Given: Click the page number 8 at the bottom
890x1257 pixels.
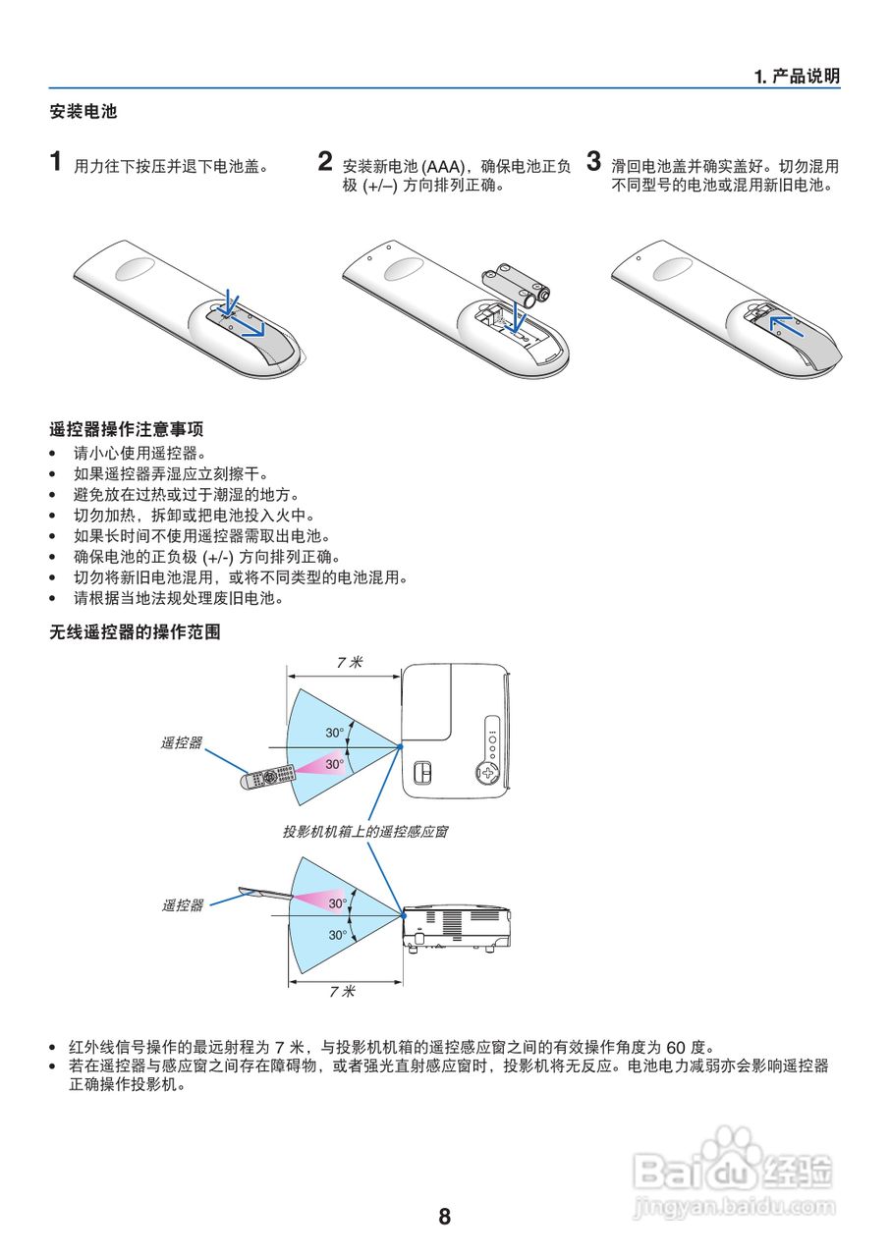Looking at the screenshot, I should point(444,1217).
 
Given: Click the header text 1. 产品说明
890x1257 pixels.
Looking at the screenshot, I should point(797,77).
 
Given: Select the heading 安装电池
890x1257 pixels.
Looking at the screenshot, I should point(83,112).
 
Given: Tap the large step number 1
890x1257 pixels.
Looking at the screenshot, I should point(58,162).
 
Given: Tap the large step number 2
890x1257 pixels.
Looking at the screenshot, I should point(325,162).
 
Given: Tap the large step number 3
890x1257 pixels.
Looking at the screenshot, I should point(593,162).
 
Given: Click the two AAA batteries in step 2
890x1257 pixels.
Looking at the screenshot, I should point(518,282).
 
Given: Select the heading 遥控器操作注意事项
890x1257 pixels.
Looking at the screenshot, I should point(127,430).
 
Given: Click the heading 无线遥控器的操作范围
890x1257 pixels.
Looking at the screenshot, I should point(135,632).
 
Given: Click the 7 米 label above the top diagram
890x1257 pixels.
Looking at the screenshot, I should point(348,663).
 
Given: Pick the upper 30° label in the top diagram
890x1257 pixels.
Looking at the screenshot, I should point(335,733).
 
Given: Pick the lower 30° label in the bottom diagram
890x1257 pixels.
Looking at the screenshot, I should point(337,935).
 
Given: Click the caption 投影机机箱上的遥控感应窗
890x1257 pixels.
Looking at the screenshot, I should point(365,831).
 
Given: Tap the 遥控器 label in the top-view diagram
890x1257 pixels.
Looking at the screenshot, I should point(182,743).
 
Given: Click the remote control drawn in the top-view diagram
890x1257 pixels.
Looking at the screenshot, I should point(268,776).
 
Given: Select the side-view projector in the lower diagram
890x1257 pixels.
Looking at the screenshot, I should point(456,924).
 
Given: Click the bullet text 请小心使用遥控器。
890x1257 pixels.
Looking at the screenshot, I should point(139,454).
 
